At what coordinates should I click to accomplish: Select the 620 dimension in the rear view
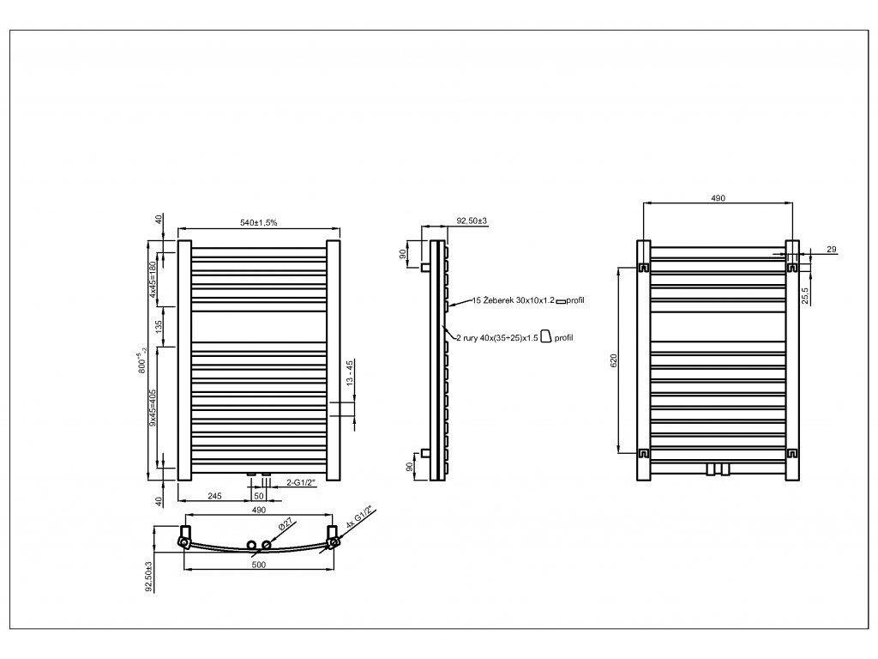[x=611, y=361]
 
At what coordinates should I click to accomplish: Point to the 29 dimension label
[x=832, y=249]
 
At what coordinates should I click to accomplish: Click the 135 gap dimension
[x=158, y=327]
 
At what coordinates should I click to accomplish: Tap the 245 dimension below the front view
[x=214, y=496]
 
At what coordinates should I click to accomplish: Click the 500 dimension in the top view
[x=259, y=565]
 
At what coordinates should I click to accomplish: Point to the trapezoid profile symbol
[x=545, y=337]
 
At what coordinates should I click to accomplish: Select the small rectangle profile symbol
[x=562, y=301]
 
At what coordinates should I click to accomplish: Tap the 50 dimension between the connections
[x=259, y=496]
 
